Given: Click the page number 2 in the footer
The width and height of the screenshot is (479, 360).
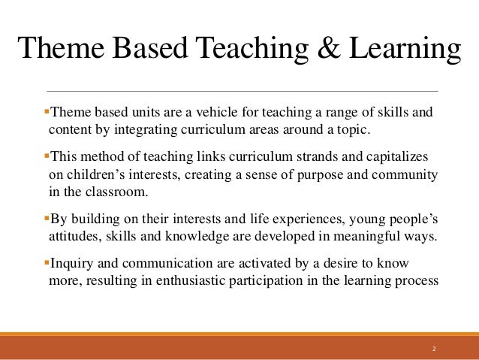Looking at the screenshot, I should pyautogui.click(x=434, y=349).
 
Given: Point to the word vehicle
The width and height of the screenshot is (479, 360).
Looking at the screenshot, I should pyautogui.click(x=212, y=113).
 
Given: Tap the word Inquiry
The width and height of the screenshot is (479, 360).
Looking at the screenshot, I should pyautogui.click(x=74, y=264).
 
